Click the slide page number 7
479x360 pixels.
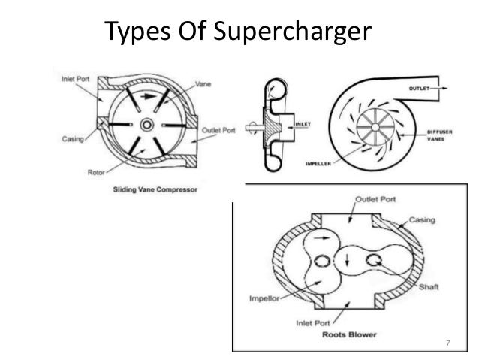click(x=447, y=344)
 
